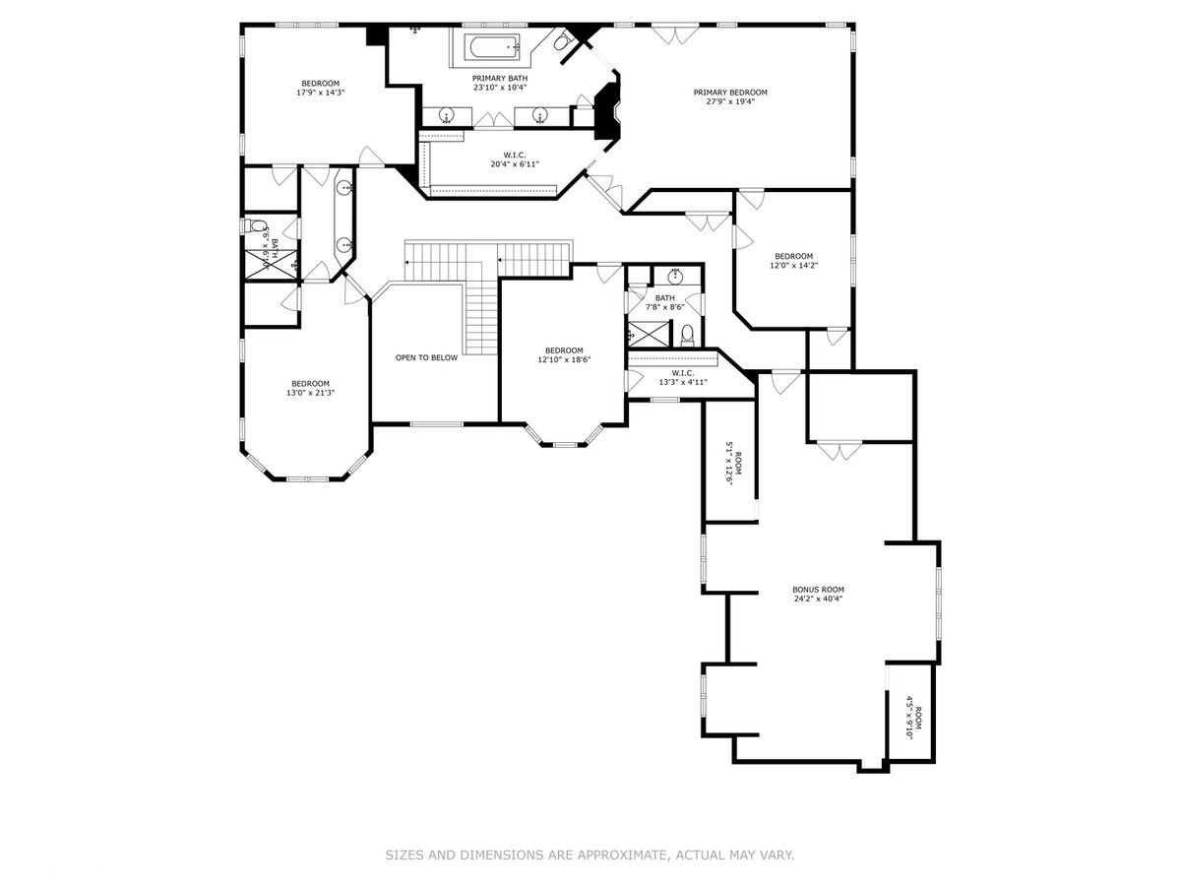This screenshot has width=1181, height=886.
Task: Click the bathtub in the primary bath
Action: [x=494, y=48]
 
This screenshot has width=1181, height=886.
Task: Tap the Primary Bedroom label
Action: [x=729, y=92]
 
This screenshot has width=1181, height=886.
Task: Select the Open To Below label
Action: [x=426, y=357]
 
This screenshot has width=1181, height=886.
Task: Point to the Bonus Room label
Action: [x=818, y=589]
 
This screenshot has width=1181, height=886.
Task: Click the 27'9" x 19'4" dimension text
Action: [x=729, y=101]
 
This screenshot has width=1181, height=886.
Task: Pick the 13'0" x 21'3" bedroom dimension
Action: [x=310, y=393]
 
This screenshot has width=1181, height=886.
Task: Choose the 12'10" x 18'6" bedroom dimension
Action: [x=564, y=359]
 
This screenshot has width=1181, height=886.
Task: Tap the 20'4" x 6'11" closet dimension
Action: [x=515, y=164]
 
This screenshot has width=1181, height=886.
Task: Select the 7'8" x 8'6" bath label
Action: [x=664, y=302]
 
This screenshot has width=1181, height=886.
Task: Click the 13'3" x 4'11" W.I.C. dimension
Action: [x=683, y=382]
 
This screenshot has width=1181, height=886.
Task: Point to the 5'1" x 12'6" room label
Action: [x=734, y=464]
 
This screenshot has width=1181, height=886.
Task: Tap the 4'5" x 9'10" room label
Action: [x=913, y=718]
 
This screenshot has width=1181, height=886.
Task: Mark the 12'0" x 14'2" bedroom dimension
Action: [x=793, y=265]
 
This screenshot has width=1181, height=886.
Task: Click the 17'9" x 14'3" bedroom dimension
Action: [x=320, y=93]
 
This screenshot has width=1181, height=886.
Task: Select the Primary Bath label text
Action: [x=500, y=79]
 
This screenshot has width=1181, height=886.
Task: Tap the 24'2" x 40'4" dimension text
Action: [x=818, y=599]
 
